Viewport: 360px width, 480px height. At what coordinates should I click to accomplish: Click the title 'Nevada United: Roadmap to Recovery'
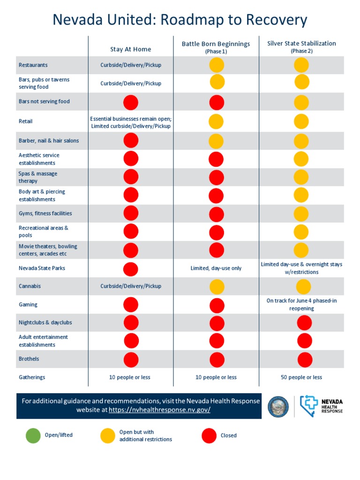(180, 20)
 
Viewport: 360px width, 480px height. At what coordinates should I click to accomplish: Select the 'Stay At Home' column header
(131, 49)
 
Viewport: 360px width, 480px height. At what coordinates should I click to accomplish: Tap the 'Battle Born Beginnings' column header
(216, 44)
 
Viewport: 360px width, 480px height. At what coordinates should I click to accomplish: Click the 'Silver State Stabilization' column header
(301, 44)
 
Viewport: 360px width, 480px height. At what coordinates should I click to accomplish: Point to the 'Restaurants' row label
(33, 65)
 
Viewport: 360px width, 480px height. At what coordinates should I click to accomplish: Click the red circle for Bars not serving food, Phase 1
(217, 102)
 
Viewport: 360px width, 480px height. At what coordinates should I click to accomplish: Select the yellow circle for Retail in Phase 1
(216, 121)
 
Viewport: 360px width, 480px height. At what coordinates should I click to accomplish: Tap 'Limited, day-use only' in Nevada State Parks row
(216, 268)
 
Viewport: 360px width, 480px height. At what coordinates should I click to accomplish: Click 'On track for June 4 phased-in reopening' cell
(301, 305)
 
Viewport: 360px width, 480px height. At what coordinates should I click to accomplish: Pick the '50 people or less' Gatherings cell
(301, 377)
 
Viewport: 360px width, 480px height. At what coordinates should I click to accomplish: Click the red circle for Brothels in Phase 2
(305, 360)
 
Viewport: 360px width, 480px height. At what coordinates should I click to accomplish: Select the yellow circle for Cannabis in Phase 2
(303, 286)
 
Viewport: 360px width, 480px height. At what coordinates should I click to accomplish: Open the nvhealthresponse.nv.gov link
(159, 410)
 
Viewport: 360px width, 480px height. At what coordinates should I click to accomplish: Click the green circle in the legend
(33, 435)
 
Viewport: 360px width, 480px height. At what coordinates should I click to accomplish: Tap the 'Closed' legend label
(229, 435)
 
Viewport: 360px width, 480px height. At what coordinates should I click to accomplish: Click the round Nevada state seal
(278, 406)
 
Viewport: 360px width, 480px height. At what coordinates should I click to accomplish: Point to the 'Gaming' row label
(28, 305)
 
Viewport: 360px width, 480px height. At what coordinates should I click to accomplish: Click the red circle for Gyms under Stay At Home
(131, 213)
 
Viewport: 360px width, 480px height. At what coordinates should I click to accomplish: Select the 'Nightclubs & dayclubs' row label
(45, 322)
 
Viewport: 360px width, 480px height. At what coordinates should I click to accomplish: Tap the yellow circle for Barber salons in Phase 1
(216, 141)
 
